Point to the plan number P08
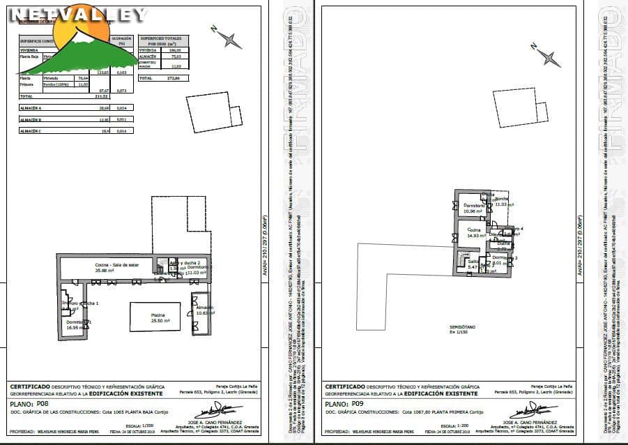(x=43, y=403)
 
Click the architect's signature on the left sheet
(x=210, y=411)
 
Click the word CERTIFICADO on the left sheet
(x=29, y=386)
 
